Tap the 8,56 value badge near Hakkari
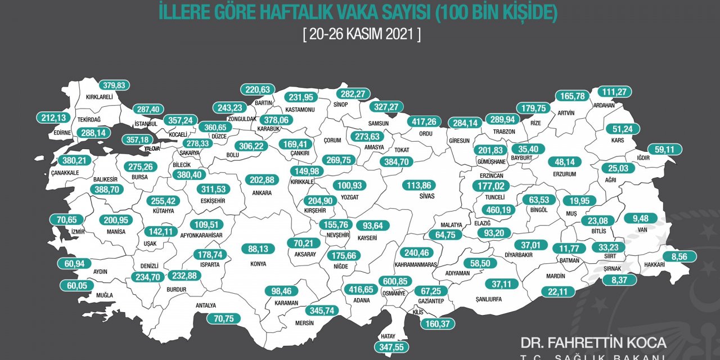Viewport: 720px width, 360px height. point(679,256)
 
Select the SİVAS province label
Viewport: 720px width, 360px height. point(414,197)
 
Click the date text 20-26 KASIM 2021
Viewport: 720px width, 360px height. point(361,33)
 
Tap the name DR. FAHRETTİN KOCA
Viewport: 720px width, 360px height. point(593,343)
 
